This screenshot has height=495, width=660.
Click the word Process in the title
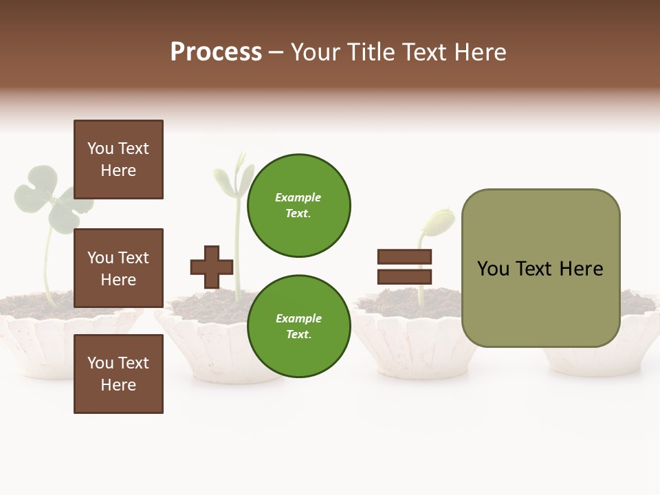pos(216,52)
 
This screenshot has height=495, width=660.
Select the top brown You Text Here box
pos(118,159)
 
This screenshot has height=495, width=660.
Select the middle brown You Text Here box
pos(118,268)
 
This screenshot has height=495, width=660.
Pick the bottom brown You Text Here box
pos(118,374)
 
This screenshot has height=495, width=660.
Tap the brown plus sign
pos(212,267)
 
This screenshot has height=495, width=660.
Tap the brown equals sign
pos(404,267)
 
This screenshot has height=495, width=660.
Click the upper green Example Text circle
pos(298,205)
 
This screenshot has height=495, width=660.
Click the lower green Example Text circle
pos(298,326)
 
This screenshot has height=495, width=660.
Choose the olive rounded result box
pos(540,268)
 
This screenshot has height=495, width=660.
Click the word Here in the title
pos(481,52)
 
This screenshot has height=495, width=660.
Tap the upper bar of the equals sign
pos(404,257)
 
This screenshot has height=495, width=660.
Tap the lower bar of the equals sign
pos(404,277)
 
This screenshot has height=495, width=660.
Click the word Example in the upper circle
pos(298,197)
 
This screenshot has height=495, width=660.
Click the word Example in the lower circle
pos(298,318)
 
